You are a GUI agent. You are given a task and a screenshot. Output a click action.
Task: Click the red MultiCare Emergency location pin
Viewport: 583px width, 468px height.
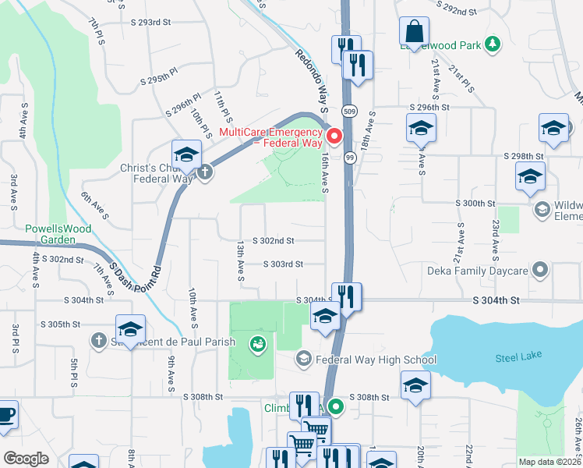336,136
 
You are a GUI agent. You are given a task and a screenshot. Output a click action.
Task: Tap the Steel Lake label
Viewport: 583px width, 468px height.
511,358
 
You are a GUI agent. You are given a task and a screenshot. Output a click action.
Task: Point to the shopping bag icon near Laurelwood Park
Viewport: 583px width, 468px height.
415,32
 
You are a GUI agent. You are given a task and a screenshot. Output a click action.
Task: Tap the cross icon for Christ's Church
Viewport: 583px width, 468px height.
205,172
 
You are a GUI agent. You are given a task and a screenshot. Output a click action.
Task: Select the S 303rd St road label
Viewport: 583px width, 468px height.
283,264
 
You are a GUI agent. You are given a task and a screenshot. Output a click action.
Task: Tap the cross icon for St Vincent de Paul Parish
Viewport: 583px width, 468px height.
98,340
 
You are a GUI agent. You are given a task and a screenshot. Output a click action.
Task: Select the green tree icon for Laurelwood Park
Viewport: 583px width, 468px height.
492,44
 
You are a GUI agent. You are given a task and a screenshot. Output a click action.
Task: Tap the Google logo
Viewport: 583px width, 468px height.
26,458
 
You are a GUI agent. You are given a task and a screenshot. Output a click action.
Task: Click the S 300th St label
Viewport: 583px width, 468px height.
475,203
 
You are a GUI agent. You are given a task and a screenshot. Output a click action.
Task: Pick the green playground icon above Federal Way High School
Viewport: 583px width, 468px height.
257,342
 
